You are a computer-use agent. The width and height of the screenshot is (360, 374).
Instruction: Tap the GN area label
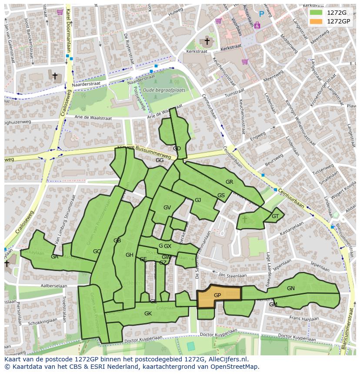coord(290,288)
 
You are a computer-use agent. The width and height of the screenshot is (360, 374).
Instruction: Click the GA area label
coord(54,257)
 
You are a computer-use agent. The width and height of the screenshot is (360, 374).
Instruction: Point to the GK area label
coord(148,313)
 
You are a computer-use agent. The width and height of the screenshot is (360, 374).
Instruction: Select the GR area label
coord(229,182)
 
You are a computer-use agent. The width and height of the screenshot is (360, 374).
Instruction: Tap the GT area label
coord(275,216)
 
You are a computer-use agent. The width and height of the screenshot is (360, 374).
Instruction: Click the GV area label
coord(167,207)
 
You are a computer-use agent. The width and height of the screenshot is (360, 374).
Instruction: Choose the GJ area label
coord(198,200)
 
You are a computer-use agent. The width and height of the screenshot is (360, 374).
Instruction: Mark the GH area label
coord(129,255)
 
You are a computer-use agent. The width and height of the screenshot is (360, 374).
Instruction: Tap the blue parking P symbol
coord(261,14)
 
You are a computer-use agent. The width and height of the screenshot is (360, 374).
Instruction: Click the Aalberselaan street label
coord(53,286)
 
